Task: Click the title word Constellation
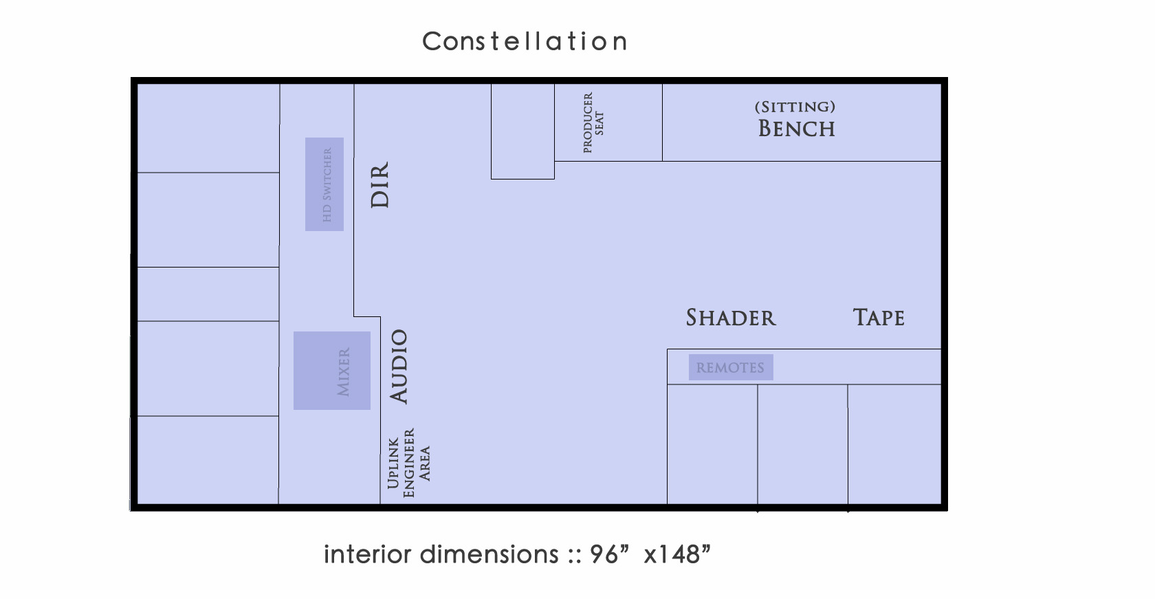point(525,41)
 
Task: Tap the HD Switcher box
point(324,184)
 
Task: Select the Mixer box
point(332,371)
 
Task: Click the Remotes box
point(731,367)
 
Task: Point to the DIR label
point(380,185)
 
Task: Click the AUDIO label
point(399,367)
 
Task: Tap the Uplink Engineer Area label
point(408,463)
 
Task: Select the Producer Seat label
point(593,123)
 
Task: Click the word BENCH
point(797,129)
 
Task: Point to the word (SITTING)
point(795,107)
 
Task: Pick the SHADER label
point(731,318)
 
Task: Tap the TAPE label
point(879,317)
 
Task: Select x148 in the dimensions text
point(677,554)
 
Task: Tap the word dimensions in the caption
point(489,554)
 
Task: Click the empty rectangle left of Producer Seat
point(522,131)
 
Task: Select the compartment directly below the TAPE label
point(894,444)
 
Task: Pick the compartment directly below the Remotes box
point(712,444)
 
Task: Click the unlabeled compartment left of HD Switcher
point(208,220)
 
